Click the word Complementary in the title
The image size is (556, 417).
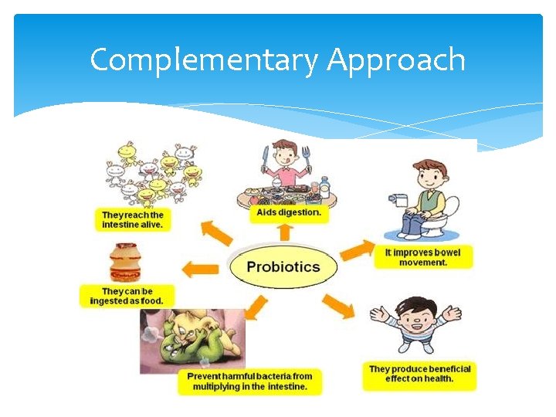(202, 59)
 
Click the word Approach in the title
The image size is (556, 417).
(396, 59)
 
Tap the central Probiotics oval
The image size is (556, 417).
(283, 267)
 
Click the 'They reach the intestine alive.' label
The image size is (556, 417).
(133, 219)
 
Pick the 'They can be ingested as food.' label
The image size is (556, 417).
(127, 297)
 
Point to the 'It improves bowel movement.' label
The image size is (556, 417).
(422, 257)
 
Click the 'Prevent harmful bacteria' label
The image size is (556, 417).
(249, 381)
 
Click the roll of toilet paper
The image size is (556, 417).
(399, 200)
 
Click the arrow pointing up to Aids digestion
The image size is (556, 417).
(285, 232)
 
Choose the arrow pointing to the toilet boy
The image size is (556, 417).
(356, 249)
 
